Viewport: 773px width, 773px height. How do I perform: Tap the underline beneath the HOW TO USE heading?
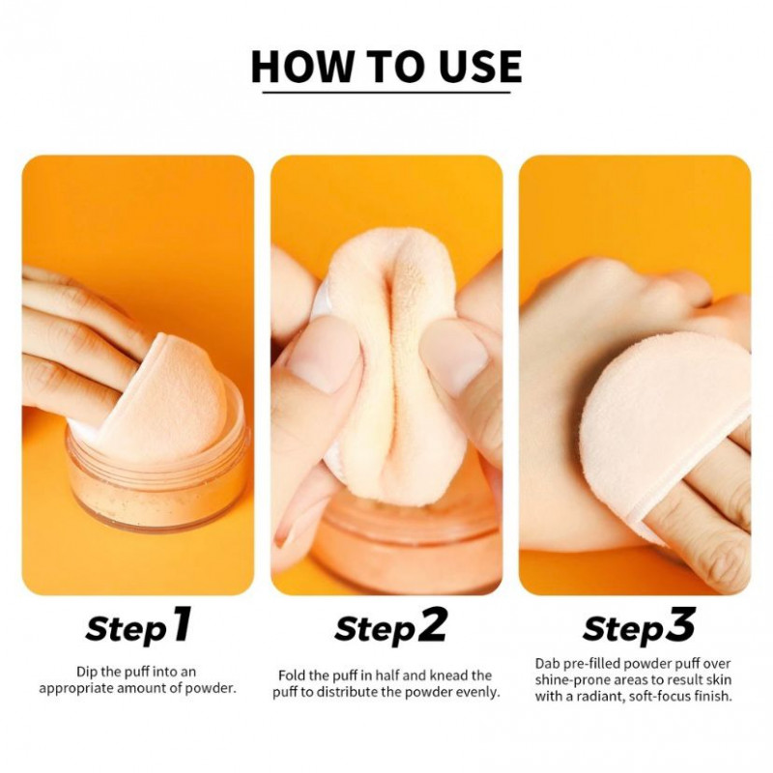pos(386,92)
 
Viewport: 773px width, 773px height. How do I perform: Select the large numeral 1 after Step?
pos(181,624)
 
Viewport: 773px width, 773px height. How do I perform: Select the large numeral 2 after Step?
pos(432,624)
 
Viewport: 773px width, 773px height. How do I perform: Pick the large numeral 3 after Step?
pos(681,624)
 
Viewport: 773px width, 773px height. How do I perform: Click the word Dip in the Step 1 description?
pos(85,672)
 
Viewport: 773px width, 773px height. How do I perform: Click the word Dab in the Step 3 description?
pos(546,664)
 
